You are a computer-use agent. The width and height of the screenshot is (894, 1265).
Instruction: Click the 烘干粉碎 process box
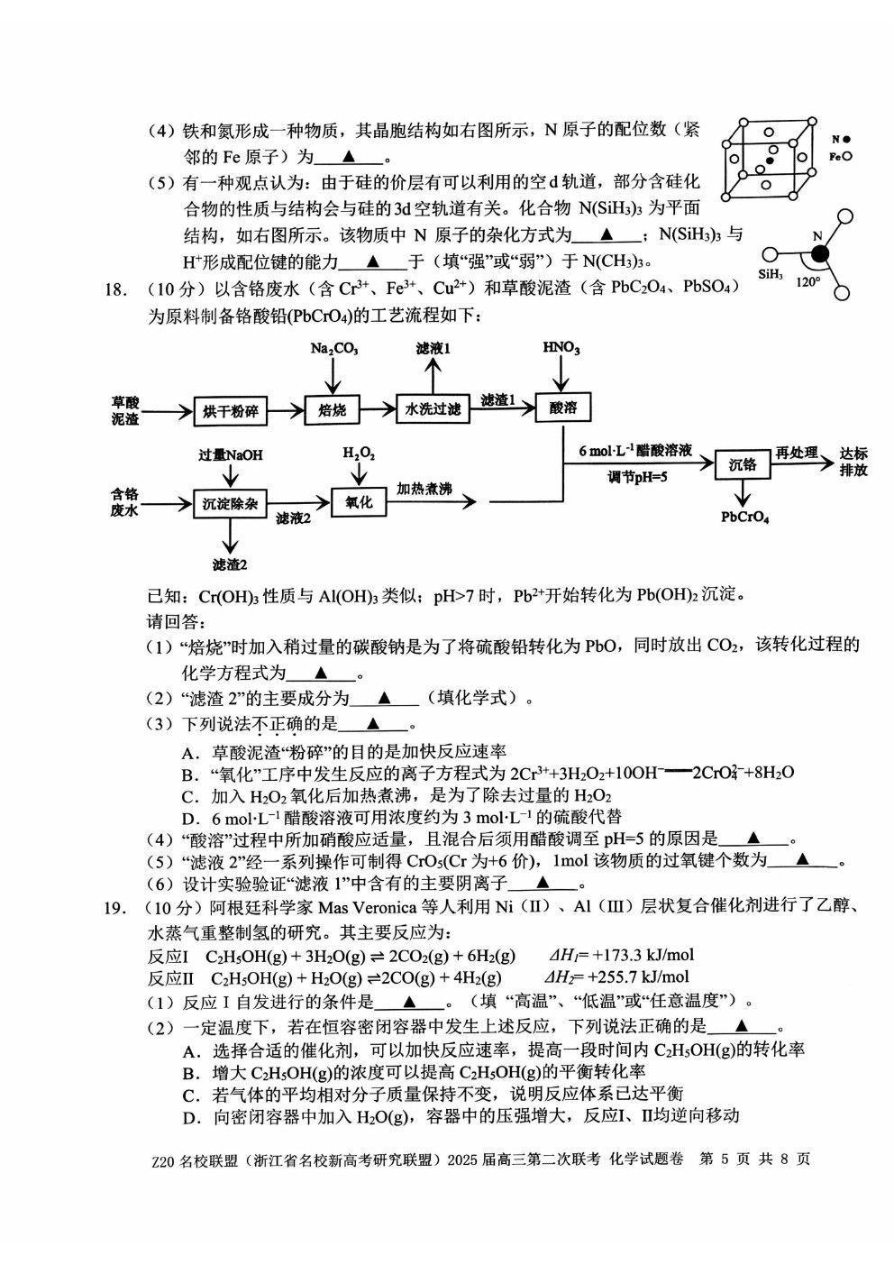pyautogui.click(x=231, y=410)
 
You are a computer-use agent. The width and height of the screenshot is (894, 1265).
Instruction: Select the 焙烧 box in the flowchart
pyautogui.click(x=333, y=409)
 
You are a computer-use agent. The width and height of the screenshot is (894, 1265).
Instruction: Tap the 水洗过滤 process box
pyautogui.click(x=433, y=408)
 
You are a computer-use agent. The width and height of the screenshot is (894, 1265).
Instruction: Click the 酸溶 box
pyautogui.click(x=562, y=408)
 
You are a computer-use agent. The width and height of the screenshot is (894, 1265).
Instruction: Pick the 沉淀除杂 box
pyautogui.click(x=231, y=503)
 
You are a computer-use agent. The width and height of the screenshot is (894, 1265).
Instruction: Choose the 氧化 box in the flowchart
pyautogui.click(x=359, y=501)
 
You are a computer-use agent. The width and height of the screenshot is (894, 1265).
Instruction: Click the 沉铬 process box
pyautogui.click(x=743, y=464)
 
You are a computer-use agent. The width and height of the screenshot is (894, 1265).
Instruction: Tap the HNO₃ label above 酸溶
pyautogui.click(x=561, y=347)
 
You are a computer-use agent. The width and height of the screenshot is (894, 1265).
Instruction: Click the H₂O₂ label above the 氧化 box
pyautogui.click(x=359, y=453)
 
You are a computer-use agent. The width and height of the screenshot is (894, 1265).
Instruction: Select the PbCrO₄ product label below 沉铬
pyautogui.click(x=745, y=517)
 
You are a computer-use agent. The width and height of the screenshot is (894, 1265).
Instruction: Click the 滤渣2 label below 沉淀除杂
pyautogui.click(x=230, y=564)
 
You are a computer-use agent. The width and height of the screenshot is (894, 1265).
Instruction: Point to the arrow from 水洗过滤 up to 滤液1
pyautogui.click(x=433, y=375)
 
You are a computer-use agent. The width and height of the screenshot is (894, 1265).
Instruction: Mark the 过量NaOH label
pyautogui.click(x=231, y=455)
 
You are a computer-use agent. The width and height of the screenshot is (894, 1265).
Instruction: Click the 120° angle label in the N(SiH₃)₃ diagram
pyautogui.click(x=808, y=281)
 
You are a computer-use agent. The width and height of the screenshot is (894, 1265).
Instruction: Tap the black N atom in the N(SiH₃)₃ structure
pyautogui.click(x=820, y=254)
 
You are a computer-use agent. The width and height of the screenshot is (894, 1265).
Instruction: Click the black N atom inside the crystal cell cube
pyautogui.click(x=770, y=161)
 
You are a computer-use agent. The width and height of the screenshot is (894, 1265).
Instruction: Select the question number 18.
pyautogui.click(x=114, y=289)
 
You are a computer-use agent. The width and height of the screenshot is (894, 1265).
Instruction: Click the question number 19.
pyautogui.click(x=114, y=908)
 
